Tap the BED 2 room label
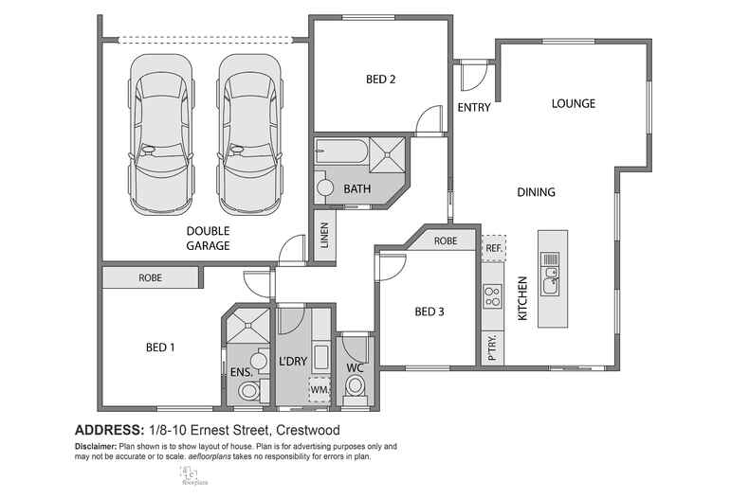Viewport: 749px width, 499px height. coord(380,80)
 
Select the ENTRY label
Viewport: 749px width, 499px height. coord(474,108)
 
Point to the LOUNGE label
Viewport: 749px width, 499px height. coord(574,103)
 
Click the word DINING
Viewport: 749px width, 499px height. coord(536,192)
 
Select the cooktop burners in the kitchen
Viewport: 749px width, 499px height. coord(492,297)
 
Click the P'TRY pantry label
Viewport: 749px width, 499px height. coord(492,348)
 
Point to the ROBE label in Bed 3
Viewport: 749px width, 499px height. coord(446,241)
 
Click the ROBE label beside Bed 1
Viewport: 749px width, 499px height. coord(150,278)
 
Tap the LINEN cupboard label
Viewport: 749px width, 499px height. coord(323,238)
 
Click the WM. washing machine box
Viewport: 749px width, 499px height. coord(319,388)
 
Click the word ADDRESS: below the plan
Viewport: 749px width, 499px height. coord(107,429)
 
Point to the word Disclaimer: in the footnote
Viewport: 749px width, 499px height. coord(98,446)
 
